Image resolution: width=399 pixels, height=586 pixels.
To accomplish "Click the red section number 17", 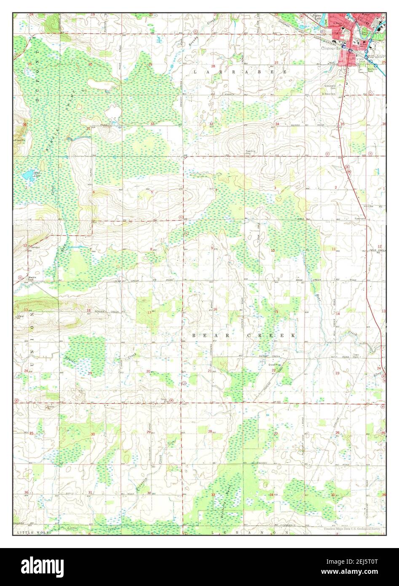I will coord(149,312).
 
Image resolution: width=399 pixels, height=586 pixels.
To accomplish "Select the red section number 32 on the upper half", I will coord(152,124).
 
